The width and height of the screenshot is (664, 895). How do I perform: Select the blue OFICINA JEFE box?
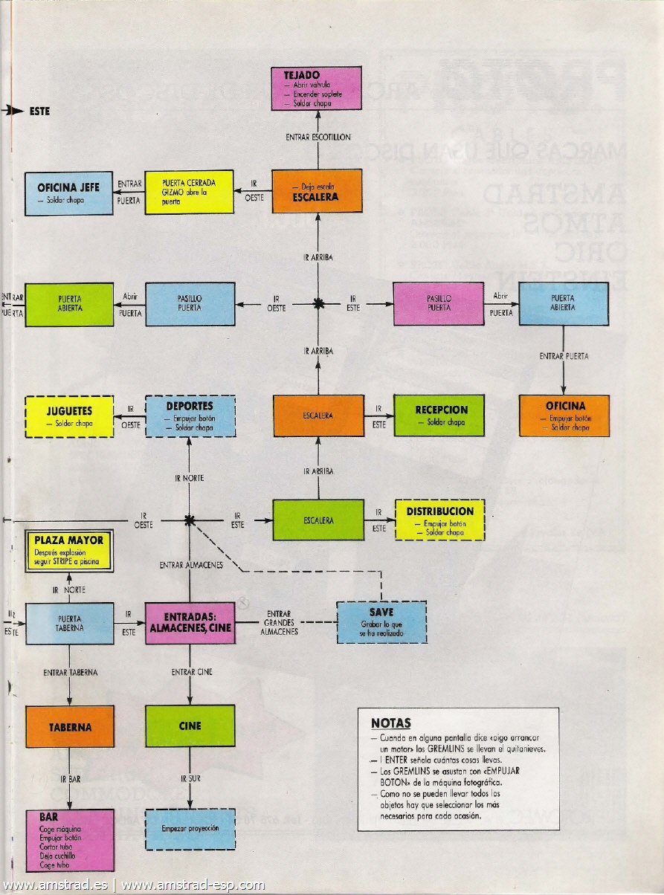[68, 193]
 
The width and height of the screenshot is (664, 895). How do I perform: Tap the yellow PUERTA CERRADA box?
[188, 193]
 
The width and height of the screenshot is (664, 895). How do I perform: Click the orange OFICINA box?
[564, 416]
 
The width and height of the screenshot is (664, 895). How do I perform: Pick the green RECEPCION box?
[439, 416]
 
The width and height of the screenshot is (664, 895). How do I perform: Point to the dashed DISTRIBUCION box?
[439, 520]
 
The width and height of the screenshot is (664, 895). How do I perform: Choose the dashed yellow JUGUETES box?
[68, 416]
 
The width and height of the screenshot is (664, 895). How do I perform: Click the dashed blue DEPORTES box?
[190, 416]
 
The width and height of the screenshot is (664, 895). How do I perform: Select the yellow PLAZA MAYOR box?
[69, 552]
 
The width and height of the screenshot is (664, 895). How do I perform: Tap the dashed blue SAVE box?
[381, 621]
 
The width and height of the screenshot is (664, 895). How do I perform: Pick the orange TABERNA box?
[70, 726]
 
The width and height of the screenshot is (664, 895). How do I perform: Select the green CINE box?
[190, 726]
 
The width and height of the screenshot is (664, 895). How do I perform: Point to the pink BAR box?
[70, 840]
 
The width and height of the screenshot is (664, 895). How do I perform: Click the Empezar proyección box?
[190, 828]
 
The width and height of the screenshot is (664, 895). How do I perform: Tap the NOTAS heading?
[391, 723]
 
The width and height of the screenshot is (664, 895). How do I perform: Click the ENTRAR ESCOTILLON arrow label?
[318, 138]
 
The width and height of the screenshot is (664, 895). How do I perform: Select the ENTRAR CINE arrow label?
[192, 672]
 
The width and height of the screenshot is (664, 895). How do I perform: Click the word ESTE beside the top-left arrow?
[39, 112]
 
